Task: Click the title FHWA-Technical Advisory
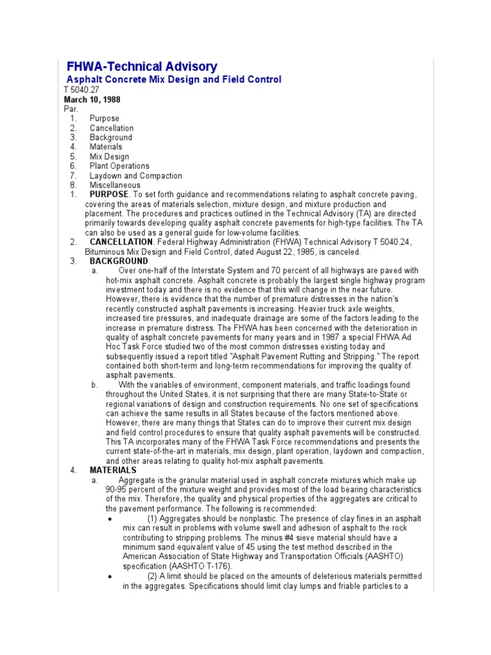pos(142,67)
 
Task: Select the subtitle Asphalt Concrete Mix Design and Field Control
pos(174,79)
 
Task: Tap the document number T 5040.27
pos(81,90)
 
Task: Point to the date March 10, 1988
pos(92,100)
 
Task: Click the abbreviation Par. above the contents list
pos(70,109)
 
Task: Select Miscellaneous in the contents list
pos(115,185)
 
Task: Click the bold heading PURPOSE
pos(109,194)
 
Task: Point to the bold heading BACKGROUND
pos(119,262)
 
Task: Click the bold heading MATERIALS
pos(113,470)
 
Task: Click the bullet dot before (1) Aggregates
pos(111,519)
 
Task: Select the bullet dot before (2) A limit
pos(111,576)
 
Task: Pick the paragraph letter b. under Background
pos(95,384)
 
